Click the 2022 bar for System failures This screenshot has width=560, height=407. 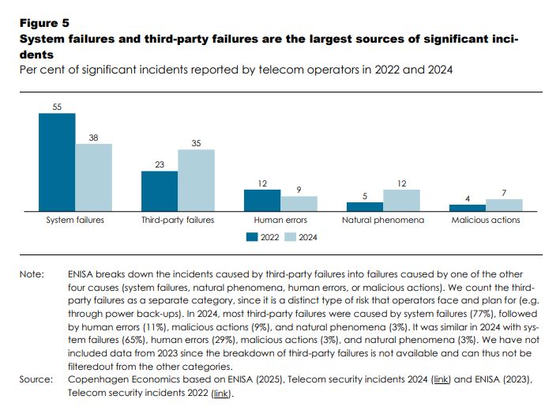pos(57,162)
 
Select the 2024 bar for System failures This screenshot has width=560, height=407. pos(94,177)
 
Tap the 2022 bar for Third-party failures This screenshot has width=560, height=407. pos(160,190)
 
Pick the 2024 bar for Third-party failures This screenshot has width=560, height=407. pos(196,180)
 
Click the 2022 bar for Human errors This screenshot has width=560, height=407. pos(261,200)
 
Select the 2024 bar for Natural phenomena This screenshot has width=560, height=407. pos(401,200)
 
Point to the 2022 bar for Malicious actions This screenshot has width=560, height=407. pos(467,207)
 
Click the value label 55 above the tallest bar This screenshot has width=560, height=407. pos(57,107)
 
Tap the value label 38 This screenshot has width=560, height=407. pos(94,137)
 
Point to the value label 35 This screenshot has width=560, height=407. pos(196,143)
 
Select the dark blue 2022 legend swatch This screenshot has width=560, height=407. pos(252,236)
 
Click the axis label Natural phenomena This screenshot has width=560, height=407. pos(383,220)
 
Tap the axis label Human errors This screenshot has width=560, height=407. pos(280,220)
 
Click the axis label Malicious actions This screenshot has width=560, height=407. pos(485,220)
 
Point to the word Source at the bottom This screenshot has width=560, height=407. pos(36,380)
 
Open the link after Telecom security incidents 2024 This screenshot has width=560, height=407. pos(441,380)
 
